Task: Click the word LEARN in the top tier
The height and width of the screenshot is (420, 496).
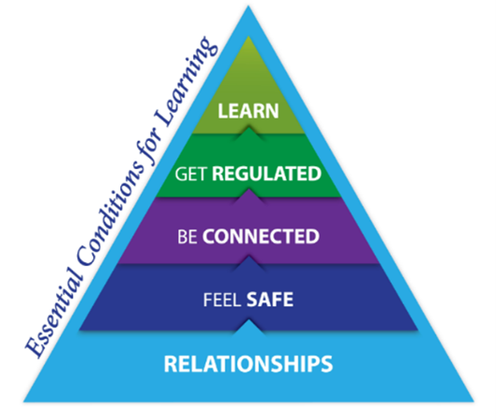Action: click(x=248, y=111)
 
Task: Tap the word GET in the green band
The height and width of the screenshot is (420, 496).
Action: click(x=191, y=175)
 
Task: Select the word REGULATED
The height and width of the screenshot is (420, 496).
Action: click(x=267, y=174)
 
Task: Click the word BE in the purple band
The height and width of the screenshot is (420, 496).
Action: click(x=187, y=237)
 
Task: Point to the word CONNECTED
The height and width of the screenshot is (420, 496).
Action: click(x=261, y=236)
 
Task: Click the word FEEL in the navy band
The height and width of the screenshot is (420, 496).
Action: click(x=222, y=300)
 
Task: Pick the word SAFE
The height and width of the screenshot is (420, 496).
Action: click(x=269, y=300)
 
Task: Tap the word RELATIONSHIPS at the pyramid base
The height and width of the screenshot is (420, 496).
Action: click(x=248, y=364)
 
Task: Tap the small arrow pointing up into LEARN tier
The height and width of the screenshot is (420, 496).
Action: click(x=249, y=133)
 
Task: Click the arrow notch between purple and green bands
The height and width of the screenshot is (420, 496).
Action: click(x=249, y=196)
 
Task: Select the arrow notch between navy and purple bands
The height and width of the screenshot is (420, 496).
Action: click(x=249, y=263)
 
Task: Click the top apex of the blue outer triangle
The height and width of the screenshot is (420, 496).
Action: click(x=248, y=7)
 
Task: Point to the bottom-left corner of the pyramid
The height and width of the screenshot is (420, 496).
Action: click(x=24, y=401)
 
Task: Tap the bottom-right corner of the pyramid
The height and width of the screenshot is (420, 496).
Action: click(x=474, y=401)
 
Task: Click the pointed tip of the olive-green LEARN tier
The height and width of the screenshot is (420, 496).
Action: click(x=249, y=36)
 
